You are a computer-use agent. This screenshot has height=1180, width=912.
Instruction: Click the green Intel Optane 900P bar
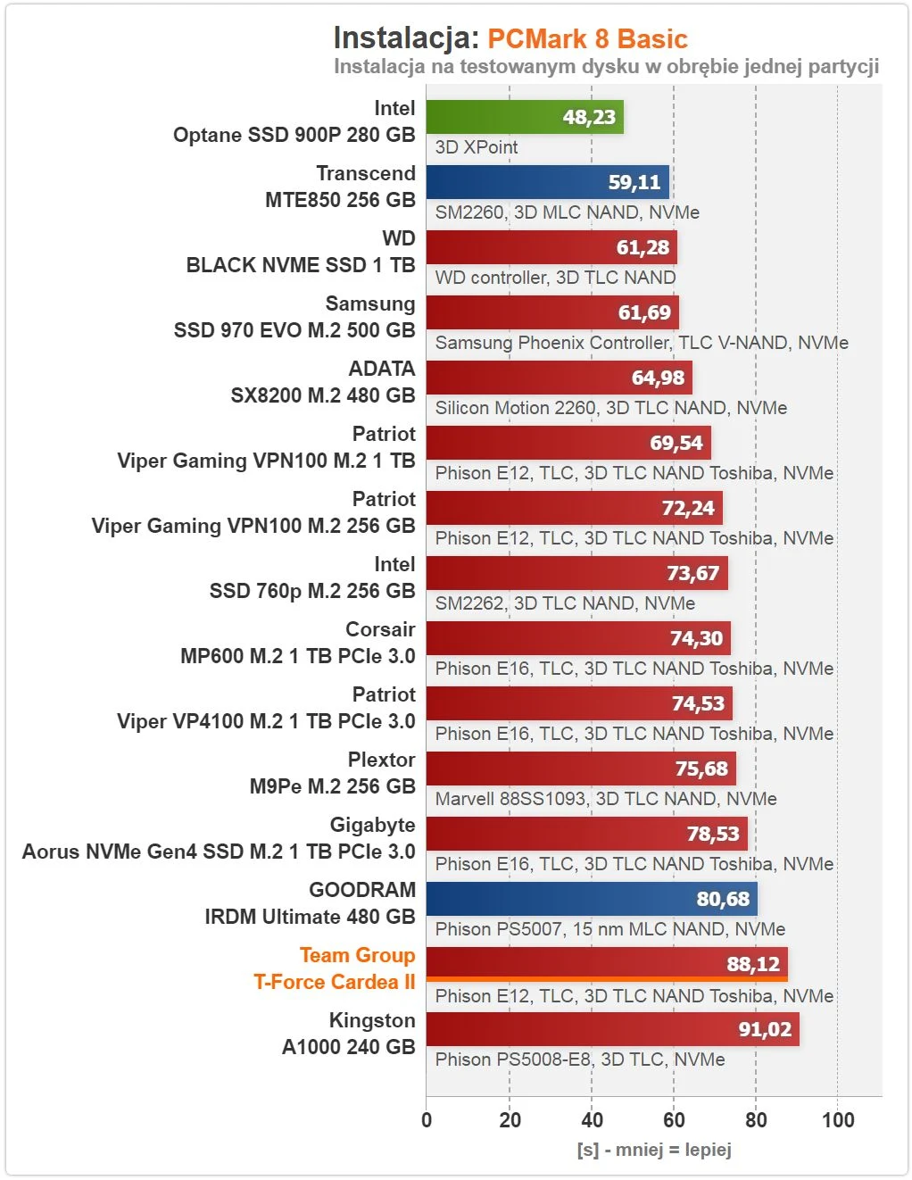click(524, 117)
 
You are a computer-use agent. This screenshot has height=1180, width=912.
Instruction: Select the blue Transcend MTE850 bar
click(547, 182)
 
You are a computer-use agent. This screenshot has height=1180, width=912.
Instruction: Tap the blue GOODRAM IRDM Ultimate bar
click(591, 899)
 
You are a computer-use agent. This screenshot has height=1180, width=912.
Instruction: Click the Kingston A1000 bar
click(612, 1029)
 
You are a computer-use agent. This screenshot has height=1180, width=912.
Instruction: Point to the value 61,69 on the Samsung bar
click(644, 312)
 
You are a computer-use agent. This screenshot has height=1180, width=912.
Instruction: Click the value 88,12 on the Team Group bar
click(753, 964)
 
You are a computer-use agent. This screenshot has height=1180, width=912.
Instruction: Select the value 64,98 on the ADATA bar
click(658, 378)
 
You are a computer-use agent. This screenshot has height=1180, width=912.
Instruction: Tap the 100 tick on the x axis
click(837, 1120)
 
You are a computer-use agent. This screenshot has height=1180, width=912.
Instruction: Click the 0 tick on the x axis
click(427, 1120)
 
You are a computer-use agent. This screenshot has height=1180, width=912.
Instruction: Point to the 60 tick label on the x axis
click(674, 1120)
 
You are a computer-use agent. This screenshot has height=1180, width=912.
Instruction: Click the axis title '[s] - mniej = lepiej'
click(654, 1150)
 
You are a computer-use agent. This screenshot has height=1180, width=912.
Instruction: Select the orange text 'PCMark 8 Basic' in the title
click(587, 39)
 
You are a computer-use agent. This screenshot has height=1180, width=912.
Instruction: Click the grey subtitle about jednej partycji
click(606, 67)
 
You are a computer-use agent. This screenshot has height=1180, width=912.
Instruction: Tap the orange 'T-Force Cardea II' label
click(335, 982)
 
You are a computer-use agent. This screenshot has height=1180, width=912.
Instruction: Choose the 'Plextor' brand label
click(381, 760)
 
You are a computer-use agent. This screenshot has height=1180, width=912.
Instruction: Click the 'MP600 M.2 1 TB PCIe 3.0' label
click(298, 656)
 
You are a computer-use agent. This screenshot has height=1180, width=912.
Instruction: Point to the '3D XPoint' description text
click(477, 147)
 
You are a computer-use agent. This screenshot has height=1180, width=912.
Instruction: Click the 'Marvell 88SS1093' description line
click(606, 799)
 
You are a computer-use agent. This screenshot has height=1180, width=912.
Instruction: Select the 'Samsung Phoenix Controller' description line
click(642, 343)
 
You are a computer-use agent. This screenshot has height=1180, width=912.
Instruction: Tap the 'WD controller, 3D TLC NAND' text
click(555, 278)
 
